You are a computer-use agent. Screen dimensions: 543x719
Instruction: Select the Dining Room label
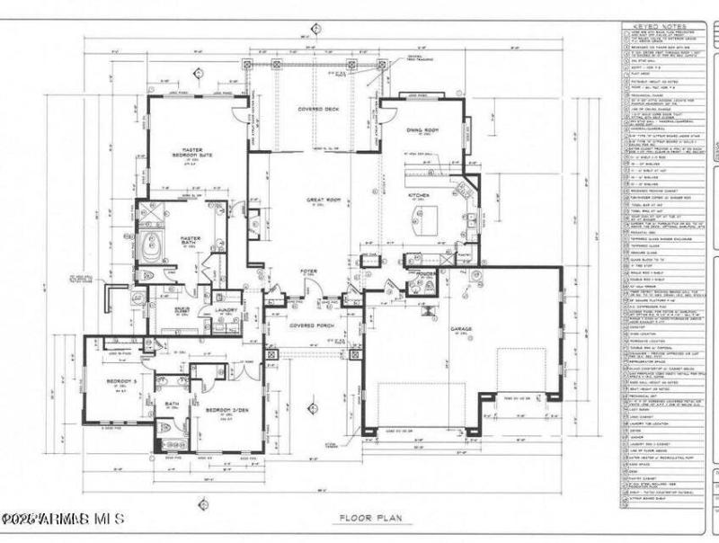pos(422,131)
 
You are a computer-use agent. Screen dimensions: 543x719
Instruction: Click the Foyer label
pos(308,269)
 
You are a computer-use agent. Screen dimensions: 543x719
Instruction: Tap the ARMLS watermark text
pos(63,520)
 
